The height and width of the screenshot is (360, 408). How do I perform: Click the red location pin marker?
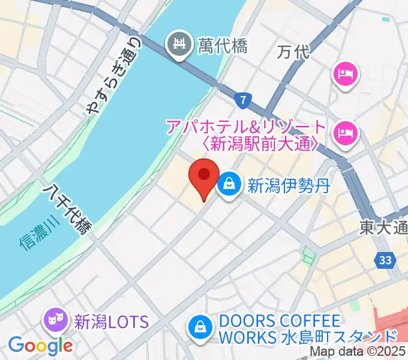pos(203,177)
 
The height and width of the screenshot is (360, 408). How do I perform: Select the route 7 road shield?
pos(241,100)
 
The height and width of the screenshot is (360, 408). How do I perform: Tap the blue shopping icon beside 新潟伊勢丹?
pos(229,185)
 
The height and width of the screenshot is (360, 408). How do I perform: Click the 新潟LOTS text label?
pos(111,322)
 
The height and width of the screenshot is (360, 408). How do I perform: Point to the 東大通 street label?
pos(383,227)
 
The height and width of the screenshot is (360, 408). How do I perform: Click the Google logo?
pos(40,345)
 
